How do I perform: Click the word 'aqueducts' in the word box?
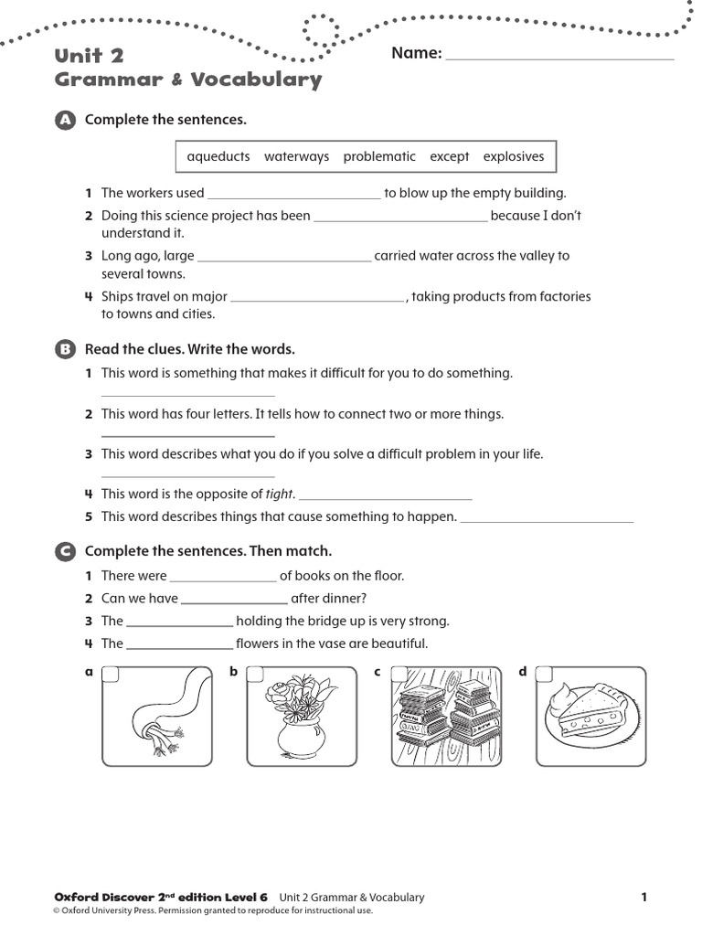(218, 156)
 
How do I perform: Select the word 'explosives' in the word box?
(513, 156)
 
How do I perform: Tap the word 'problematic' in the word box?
(379, 156)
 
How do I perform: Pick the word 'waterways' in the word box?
(296, 156)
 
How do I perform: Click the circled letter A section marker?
(64, 121)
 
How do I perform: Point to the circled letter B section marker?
(64, 349)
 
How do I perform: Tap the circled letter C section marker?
(64, 551)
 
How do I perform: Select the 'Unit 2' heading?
(90, 57)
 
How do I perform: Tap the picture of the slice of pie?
(590, 717)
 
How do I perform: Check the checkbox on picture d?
(544, 674)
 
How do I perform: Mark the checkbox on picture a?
(110, 674)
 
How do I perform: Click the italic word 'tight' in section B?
(279, 495)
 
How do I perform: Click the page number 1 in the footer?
(643, 898)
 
